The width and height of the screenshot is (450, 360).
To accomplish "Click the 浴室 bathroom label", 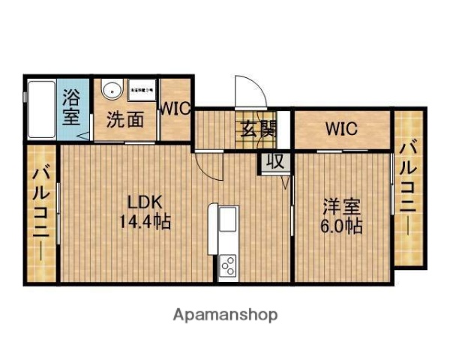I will (x=71, y=106).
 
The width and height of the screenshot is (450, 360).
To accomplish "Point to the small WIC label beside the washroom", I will (x=175, y=108).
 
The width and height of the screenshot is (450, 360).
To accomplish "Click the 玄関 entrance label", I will (x=257, y=128).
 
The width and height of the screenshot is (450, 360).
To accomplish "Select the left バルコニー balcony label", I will (x=41, y=214).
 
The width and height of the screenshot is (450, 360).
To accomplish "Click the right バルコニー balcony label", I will (x=408, y=187).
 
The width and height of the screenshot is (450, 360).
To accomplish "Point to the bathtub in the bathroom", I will (x=42, y=109).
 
